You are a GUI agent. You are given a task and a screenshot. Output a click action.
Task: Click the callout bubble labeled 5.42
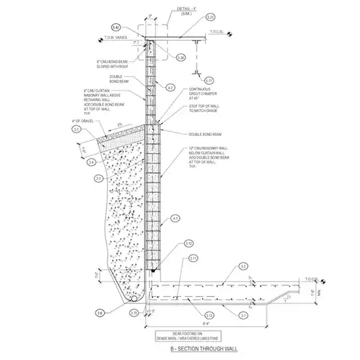click(116, 27)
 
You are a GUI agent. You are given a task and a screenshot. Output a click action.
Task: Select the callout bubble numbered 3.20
click(211, 17)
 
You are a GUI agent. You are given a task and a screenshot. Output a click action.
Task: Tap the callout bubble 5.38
click(181, 58)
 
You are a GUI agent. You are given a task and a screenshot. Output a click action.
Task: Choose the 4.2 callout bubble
click(171, 87)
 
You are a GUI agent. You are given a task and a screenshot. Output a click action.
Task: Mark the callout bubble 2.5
click(99, 178)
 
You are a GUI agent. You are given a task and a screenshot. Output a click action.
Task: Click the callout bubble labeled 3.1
click(244, 315)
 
